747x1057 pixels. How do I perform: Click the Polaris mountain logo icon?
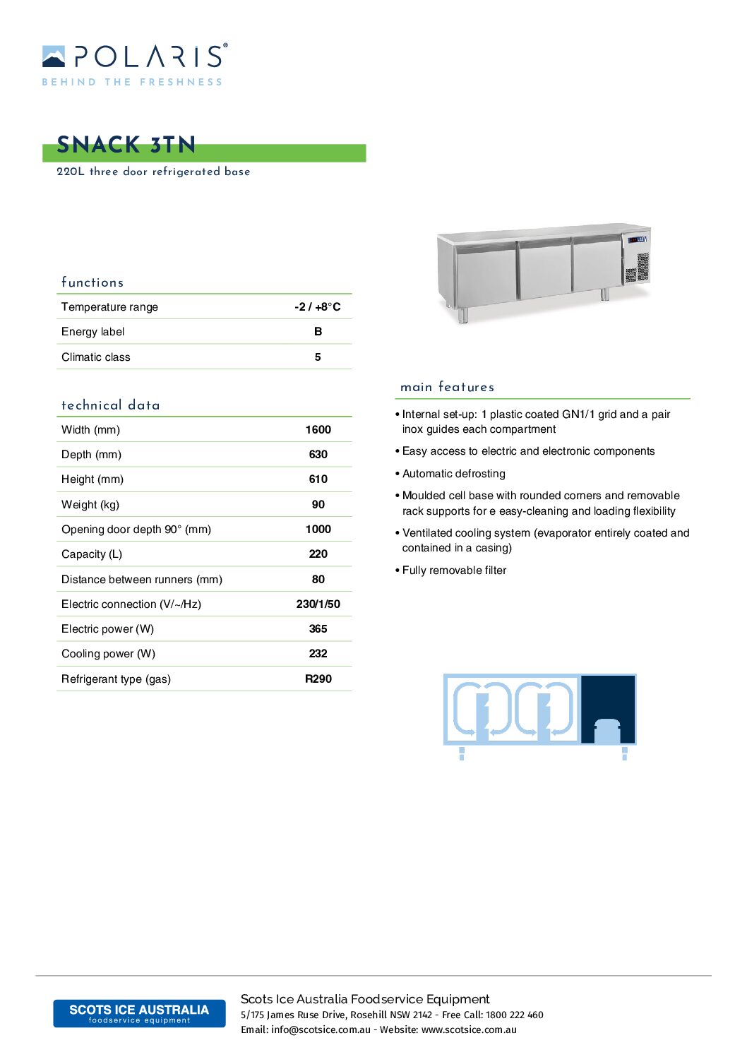click(x=54, y=56)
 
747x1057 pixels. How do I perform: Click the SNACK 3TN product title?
click(x=126, y=145)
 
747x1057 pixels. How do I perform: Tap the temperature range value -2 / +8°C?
click(x=318, y=306)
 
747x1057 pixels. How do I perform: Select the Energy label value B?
click(x=318, y=331)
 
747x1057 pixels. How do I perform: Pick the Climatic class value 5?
click(x=318, y=357)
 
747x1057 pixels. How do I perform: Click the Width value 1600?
click(x=318, y=429)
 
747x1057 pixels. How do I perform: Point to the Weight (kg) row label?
click(x=90, y=504)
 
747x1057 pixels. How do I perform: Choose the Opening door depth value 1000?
click(x=318, y=529)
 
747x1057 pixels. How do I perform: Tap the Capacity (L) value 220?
click(x=318, y=554)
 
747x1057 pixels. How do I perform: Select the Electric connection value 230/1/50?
click(x=318, y=604)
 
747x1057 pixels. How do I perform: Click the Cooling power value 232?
click(x=318, y=653)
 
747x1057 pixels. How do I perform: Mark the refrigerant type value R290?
click(x=318, y=679)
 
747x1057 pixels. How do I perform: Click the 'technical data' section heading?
click(x=111, y=405)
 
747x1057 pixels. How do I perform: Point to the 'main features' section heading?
click(x=447, y=387)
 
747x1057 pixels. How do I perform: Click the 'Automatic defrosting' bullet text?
click(x=454, y=473)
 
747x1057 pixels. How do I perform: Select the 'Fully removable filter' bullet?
click(x=454, y=570)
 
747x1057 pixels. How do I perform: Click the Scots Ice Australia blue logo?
click(x=139, y=1013)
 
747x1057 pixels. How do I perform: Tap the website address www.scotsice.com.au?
click(x=469, y=1029)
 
